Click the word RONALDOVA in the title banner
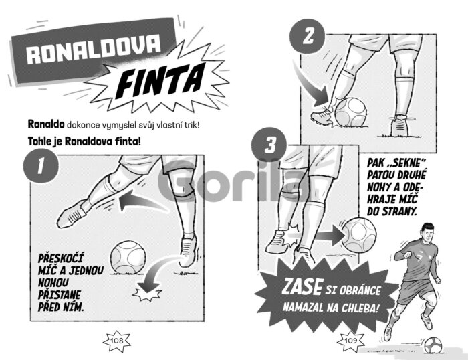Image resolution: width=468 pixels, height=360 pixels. (x=94, y=49)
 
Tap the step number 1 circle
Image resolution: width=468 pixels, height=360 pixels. (x=41, y=165)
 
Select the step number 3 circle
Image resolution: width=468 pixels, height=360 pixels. (x=269, y=146)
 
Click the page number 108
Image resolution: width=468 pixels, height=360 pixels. (x=117, y=341)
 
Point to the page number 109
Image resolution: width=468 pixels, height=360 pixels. (x=351, y=341)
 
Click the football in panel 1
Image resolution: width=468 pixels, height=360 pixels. (x=128, y=258)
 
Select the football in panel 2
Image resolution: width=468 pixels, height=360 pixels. (x=351, y=112)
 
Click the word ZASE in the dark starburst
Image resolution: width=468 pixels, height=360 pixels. (x=302, y=286)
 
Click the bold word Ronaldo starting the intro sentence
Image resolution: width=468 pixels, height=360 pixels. (x=46, y=124)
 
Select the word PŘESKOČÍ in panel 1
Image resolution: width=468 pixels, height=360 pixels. (x=61, y=258)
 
